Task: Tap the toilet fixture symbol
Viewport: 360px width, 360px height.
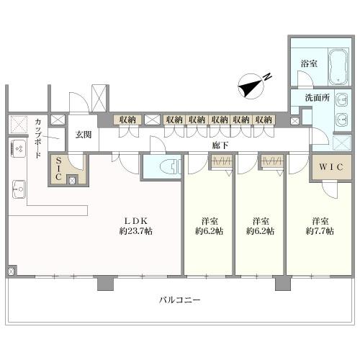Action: tap(171, 166)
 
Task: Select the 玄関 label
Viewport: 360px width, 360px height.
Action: tap(84, 135)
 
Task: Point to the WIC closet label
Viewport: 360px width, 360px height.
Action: tap(330, 167)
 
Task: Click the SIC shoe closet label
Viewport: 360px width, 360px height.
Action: tap(58, 168)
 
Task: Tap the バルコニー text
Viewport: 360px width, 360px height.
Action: tap(179, 300)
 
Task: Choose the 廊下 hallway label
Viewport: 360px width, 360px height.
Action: tap(220, 145)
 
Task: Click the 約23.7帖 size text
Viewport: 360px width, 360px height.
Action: tap(136, 231)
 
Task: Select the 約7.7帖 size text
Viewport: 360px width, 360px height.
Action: tap(320, 231)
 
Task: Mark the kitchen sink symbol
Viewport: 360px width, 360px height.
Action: tap(19, 189)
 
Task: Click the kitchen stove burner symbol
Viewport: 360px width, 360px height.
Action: tap(19, 149)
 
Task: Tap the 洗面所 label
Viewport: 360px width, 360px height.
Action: tap(318, 98)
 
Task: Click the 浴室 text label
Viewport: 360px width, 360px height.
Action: tap(309, 63)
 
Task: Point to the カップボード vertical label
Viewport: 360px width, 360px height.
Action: tap(37, 138)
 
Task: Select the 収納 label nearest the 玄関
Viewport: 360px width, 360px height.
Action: tap(127, 120)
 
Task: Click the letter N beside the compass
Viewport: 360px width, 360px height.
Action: tap(267, 77)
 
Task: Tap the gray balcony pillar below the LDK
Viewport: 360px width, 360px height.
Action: tap(105, 283)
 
